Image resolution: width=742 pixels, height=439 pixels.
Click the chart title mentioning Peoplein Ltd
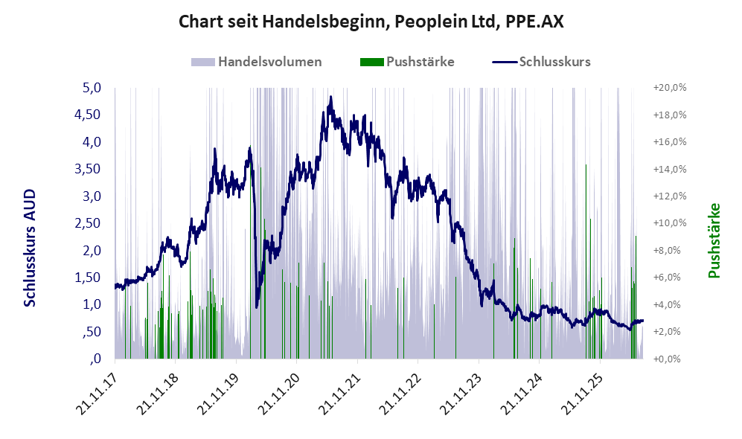click(x=371, y=22)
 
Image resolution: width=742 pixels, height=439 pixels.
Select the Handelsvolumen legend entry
click(x=257, y=62)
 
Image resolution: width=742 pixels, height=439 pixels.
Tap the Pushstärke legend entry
click(x=407, y=62)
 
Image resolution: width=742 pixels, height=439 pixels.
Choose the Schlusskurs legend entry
click(x=541, y=62)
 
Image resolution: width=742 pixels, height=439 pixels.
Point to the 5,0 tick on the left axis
click(x=92, y=88)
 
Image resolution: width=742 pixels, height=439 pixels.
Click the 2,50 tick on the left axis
click(x=88, y=222)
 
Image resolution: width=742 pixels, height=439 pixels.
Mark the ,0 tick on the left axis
click(x=95, y=358)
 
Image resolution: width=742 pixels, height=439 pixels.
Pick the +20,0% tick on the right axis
click(x=670, y=88)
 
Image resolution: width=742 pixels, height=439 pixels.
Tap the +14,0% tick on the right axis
click(x=670, y=169)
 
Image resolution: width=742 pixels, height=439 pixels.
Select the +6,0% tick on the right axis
click(x=670, y=278)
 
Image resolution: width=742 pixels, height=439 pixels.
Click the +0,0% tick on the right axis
click(x=670, y=359)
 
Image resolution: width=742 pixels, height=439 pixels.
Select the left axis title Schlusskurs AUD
click(x=30, y=248)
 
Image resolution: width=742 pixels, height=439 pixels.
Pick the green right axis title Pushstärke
click(x=714, y=241)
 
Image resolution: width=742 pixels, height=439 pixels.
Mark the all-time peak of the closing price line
click(x=330, y=97)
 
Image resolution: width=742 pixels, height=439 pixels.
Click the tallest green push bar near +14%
click(x=586, y=262)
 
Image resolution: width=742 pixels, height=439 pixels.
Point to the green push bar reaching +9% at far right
click(x=636, y=297)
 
